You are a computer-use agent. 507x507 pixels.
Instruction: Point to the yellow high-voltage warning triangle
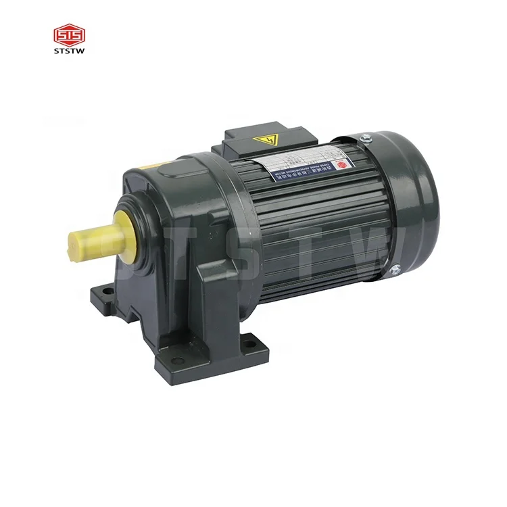(270, 141)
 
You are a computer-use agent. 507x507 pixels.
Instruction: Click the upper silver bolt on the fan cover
(366, 139)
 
